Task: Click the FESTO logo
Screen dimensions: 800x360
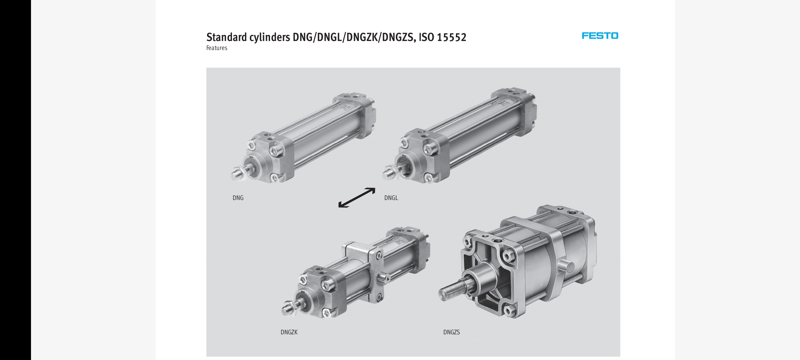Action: [x=600, y=36]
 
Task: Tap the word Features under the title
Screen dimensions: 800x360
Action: [x=217, y=48]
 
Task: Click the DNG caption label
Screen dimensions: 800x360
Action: [x=238, y=198]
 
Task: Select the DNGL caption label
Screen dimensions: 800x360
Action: [x=391, y=198]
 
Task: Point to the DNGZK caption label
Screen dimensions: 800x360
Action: [x=289, y=332]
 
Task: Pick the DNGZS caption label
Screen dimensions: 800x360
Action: [x=451, y=332]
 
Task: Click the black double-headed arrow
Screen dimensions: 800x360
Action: [x=357, y=198]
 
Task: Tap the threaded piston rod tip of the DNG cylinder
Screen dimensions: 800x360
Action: [x=236, y=174]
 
